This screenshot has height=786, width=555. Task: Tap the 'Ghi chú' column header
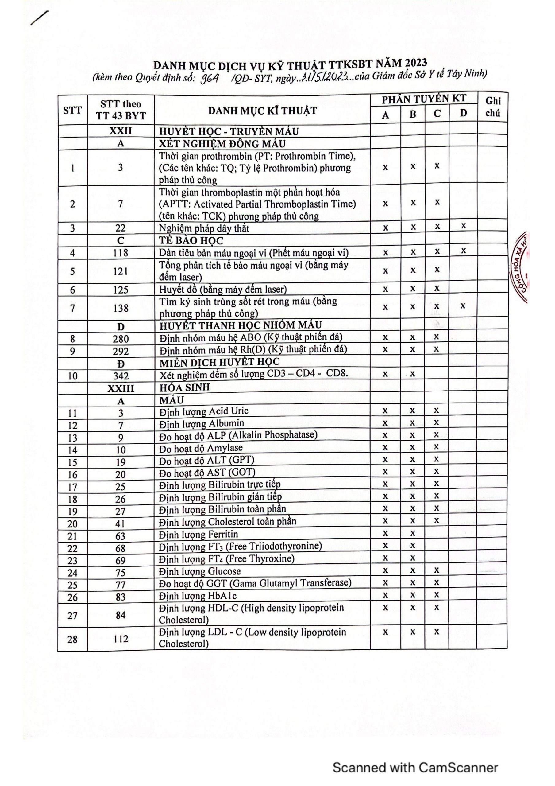tap(493, 107)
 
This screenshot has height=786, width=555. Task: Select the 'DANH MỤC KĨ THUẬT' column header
tap(262, 111)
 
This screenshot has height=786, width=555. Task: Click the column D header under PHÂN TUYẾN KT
tap(463, 113)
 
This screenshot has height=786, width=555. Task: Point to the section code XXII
tap(121, 131)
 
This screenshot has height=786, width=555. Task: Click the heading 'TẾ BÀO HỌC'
tap(191, 241)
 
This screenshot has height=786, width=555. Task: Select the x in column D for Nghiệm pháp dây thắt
tap(463, 226)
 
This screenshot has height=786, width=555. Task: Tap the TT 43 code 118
tap(121, 253)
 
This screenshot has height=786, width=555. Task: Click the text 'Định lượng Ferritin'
tap(198, 534)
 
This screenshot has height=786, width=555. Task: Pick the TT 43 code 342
tap(121, 376)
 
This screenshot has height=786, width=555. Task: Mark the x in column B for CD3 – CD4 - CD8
tap(413, 374)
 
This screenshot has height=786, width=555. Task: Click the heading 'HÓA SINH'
tap(185, 387)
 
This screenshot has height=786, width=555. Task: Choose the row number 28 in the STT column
tap(72, 639)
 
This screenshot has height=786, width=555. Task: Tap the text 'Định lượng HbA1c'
tap(198, 596)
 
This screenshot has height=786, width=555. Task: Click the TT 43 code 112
tap(121, 639)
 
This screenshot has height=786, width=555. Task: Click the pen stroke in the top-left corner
tap(39, 18)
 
